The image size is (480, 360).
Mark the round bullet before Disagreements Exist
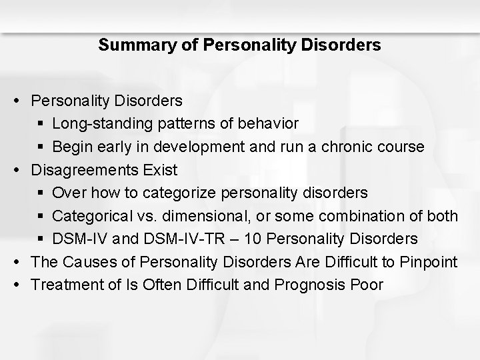[23, 170]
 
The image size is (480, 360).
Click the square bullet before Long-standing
[42, 124]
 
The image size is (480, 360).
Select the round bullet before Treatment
[23, 285]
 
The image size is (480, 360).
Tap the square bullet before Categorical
[42, 217]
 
